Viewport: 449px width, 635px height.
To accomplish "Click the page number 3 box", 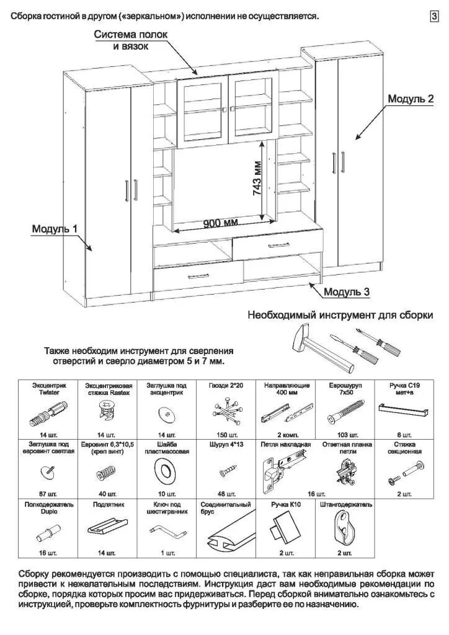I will [x=434, y=17].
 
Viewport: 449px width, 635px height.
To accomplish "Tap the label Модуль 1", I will [x=55, y=229].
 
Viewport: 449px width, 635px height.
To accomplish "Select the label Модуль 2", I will [x=410, y=99].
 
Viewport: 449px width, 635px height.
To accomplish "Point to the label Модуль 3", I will [x=347, y=291].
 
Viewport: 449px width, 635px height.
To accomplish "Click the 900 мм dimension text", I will [x=221, y=223].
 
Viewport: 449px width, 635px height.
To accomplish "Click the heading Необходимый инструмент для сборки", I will [x=340, y=314].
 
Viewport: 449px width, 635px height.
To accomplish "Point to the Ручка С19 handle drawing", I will [x=403, y=410].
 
